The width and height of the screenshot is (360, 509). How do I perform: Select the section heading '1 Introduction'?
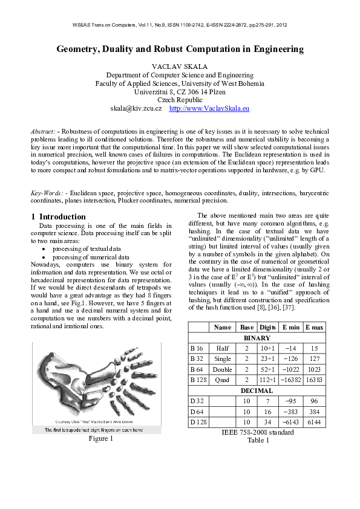[x=58, y=216]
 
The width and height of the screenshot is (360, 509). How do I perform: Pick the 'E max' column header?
[x=317, y=327]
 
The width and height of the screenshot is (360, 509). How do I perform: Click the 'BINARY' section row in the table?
[x=257, y=338]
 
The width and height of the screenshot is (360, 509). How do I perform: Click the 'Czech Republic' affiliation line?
[x=180, y=100]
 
